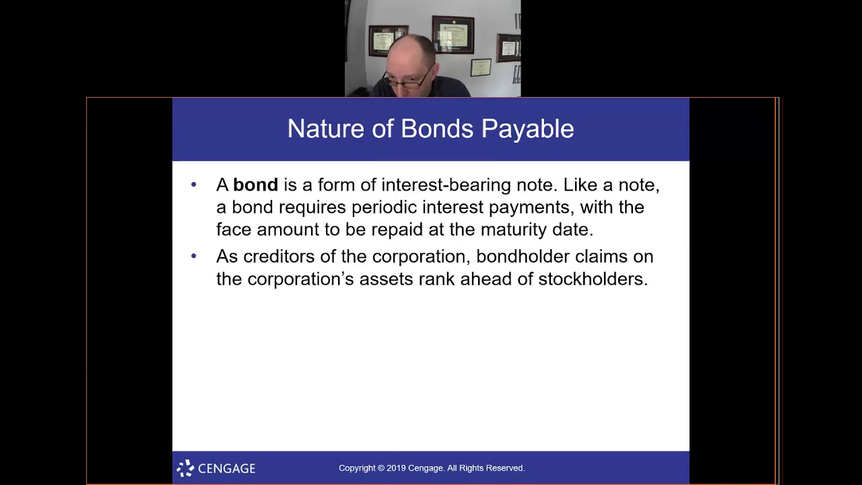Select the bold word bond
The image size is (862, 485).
tap(255, 185)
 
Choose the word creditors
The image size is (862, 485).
tap(278, 257)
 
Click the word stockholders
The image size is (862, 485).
tap(593, 279)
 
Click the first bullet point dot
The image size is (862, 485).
tap(194, 185)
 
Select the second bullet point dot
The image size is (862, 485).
tap(194, 256)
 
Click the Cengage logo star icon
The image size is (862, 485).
tap(185, 468)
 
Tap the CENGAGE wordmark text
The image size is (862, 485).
tap(226, 468)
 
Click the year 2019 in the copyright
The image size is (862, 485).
tap(395, 468)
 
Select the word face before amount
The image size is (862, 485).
tap(234, 230)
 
